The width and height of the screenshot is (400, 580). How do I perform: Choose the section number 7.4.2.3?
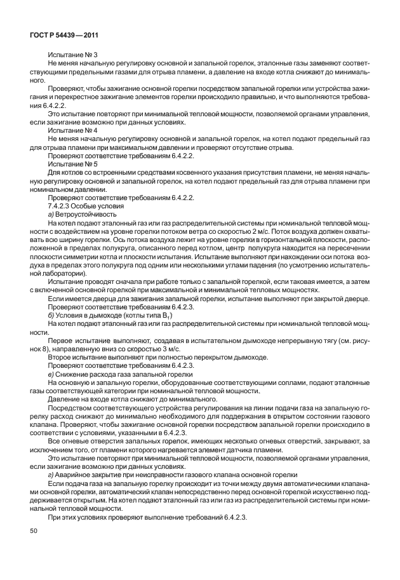point(60,207)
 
